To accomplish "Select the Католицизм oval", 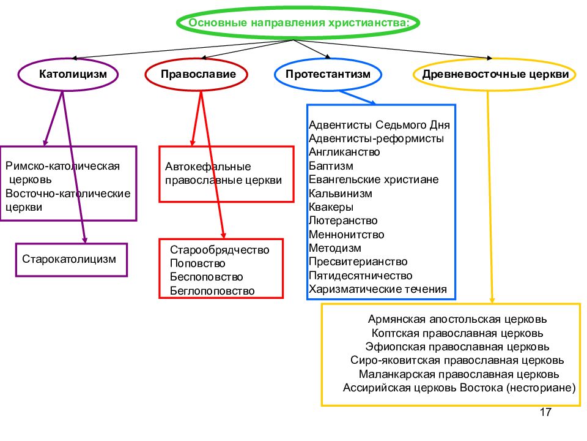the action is pyautogui.click(x=68, y=59).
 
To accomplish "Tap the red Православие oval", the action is pyautogui.click(x=196, y=59).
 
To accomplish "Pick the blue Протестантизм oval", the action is pyautogui.click(x=328, y=59).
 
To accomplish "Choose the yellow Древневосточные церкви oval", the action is pyautogui.click(x=494, y=59).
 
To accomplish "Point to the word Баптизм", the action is pyautogui.click(x=331, y=166).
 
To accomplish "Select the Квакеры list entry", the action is pyautogui.click(x=331, y=207).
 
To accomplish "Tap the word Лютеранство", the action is pyautogui.click(x=343, y=221).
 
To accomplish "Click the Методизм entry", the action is pyautogui.click(x=335, y=248).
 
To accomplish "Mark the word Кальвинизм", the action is pyautogui.click(x=341, y=194).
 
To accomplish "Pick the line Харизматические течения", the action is pyautogui.click(x=378, y=289).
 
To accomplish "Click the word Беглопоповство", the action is pyautogui.click(x=212, y=290).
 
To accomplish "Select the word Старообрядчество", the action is pyautogui.click(x=220, y=250).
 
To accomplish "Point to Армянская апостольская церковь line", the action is pyautogui.click(x=457, y=319).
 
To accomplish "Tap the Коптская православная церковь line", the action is pyautogui.click(x=457, y=333).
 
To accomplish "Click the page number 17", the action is pyautogui.click(x=545, y=412).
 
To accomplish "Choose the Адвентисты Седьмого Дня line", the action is pyautogui.click(x=379, y=125).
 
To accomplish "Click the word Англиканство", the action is pyautogui.click(x=344, y=152).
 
